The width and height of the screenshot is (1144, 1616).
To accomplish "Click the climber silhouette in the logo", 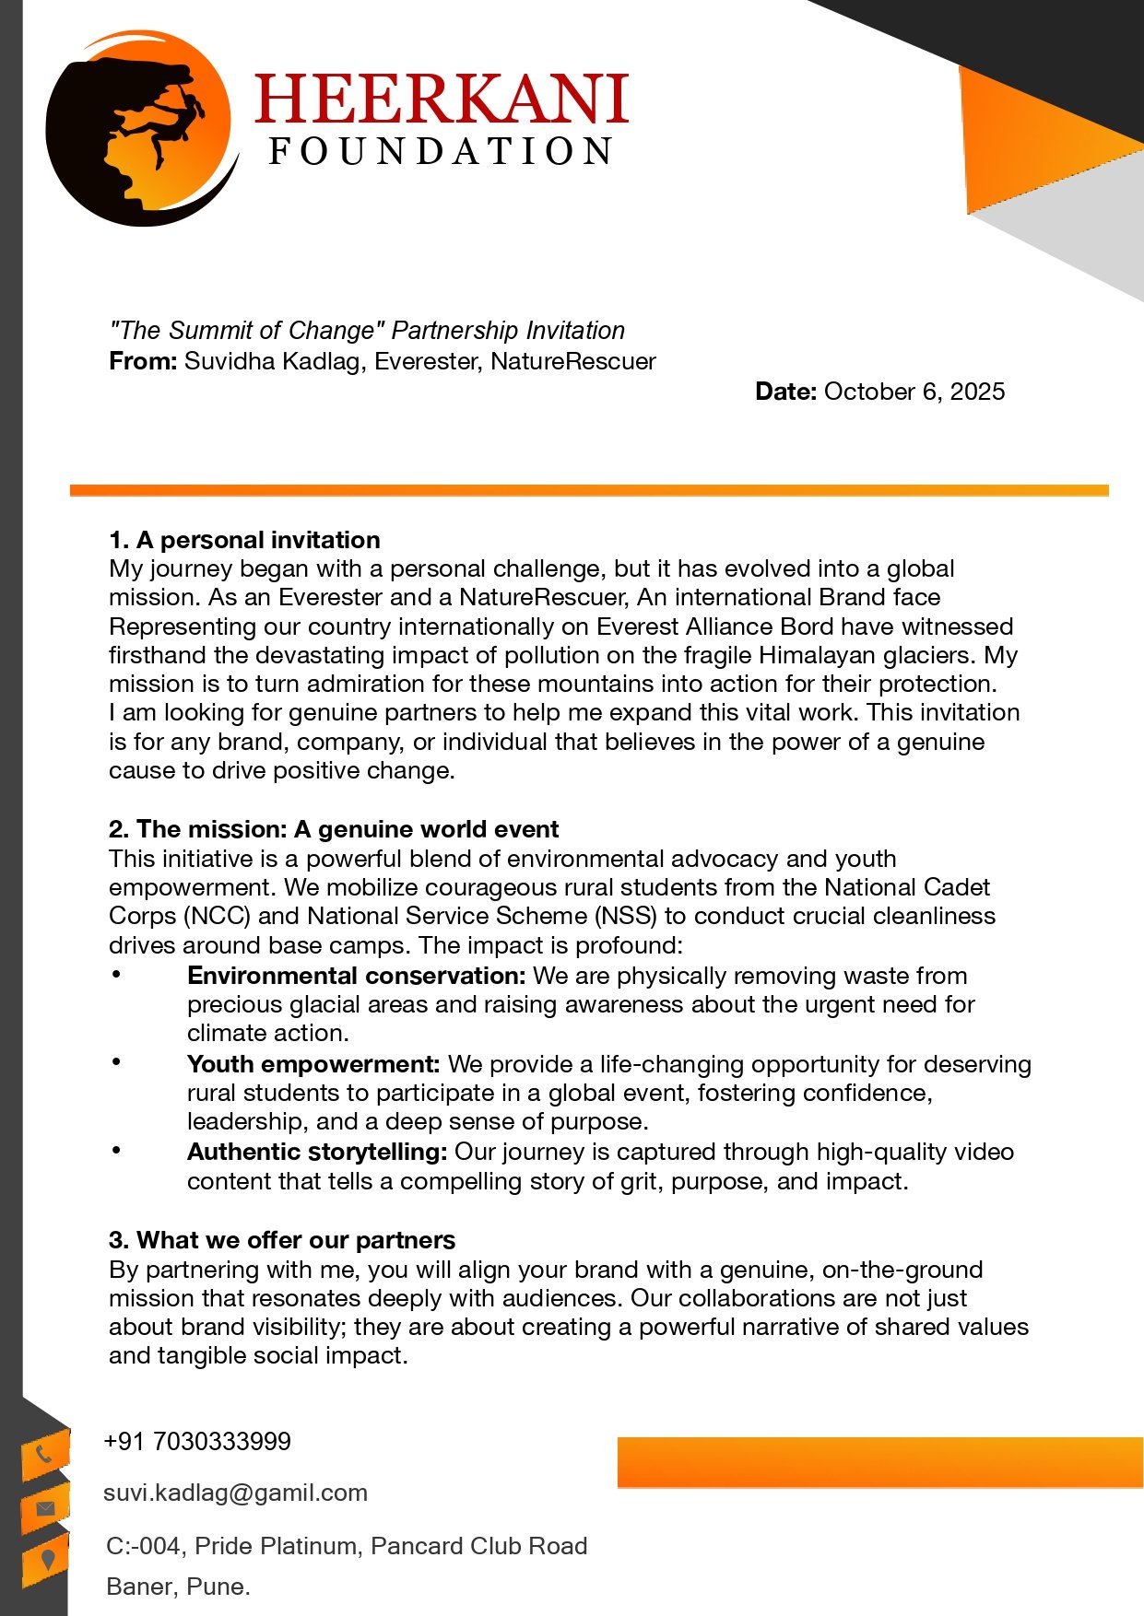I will coord(171,124).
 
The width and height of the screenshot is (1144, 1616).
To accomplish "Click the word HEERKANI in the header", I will coord(441,100).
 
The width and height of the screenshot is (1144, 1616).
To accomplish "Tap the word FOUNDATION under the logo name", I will coord(441,152).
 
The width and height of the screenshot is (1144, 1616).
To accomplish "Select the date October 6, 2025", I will coord(914,392).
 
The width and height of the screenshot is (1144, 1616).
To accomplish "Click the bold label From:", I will coord(143,361).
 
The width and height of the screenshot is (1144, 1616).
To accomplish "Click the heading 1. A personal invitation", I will coord(244,540).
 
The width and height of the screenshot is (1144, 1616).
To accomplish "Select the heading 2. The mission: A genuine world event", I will coord(334,829).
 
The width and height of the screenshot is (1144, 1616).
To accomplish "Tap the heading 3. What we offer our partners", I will coord(282,1240).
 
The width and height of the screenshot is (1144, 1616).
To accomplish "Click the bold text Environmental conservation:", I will coord(356,976).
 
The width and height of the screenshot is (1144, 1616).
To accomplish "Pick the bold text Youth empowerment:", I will coord(313,1064).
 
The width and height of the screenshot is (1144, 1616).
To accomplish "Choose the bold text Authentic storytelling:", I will coord(317,1152).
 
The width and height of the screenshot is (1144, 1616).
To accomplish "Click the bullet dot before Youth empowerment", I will coord(116,1062).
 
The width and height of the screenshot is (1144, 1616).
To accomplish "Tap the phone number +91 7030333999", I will coord(197,1442).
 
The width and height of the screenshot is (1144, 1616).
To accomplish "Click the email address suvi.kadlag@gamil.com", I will coord(235,1493).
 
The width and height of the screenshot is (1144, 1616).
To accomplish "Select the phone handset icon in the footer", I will coord(44,1455).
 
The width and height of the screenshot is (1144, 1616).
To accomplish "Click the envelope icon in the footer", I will coord(45,1508).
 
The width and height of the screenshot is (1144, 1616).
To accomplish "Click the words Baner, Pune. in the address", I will coord(178,1587).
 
